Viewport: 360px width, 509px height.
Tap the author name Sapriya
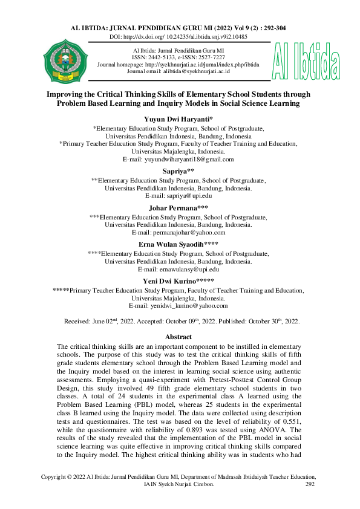pos(180,171)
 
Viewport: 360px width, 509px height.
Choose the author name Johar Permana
pos(180,207)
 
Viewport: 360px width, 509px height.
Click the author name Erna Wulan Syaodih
pos(180,244)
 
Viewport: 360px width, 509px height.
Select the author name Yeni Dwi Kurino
pos(180,280)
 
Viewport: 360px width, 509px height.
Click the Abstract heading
pos(180,337)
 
